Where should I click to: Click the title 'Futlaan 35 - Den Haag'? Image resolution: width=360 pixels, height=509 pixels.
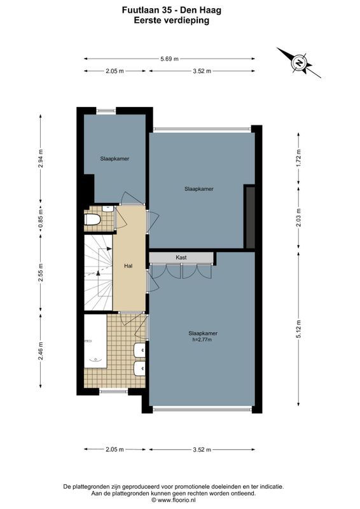click(x=172, y=10)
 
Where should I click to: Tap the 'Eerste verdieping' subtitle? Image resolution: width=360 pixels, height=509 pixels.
click(x=172, y=20)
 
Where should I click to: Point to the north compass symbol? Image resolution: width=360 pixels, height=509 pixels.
click(x=298, y=62)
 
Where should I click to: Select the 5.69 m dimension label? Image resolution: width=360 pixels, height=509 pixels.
click(x=169, y=59)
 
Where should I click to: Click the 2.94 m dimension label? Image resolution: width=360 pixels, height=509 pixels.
click(x=41, y=158)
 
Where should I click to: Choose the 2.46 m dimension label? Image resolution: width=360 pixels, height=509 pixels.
click(x=41, y=352)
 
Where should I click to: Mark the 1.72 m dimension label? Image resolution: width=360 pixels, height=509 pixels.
click(x=298, y=157)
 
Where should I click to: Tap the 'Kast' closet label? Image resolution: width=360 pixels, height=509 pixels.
click(x=181, y=257)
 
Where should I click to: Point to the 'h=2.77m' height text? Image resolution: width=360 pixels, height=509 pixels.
click(x=203, y=340)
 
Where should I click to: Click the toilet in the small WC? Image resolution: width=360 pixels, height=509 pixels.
click(x=93, y=220)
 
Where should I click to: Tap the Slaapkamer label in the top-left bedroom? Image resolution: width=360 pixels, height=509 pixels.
click(x=114, y=158)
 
